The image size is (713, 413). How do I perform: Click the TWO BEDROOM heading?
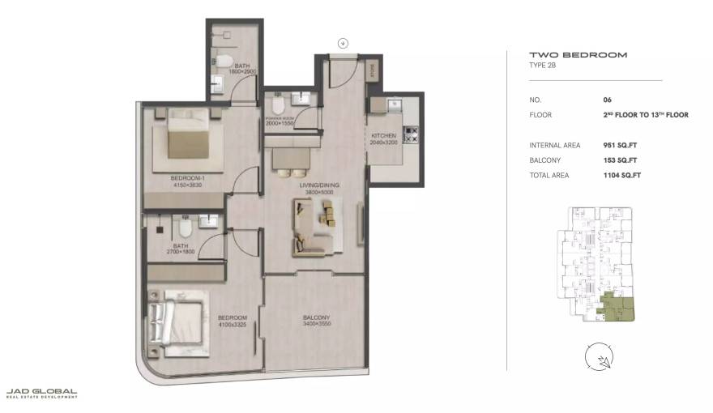(578, 55)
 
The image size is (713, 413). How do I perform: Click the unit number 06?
(607, 100)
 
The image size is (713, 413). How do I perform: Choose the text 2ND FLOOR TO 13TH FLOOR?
(645, 115)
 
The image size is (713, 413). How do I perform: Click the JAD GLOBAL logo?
(42, 393)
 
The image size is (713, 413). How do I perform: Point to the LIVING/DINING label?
(320, 185)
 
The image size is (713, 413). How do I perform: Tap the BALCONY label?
(316, 317)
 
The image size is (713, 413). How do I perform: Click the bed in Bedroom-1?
(190, 141)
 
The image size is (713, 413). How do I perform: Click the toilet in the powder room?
(278, 106)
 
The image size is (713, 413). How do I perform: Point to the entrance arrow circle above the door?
(343, 43)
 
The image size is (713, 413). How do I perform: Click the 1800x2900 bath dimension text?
(243, 72)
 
